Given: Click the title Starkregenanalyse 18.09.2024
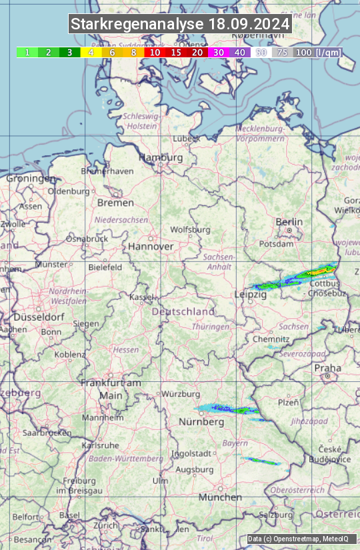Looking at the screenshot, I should tap(180, 25).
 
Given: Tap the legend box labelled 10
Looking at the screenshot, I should tap(155, 52).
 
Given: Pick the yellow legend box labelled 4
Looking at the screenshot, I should tap(91, 52).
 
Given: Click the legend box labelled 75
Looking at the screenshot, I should tap(283, 52).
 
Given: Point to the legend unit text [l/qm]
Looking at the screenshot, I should tap(327, 52).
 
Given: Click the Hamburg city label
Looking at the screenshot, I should tap(161, 158).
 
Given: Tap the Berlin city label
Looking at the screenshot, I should tap(289, 222).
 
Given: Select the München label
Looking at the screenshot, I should tap(220, 497).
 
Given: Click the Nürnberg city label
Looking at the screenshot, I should tap(201, 423).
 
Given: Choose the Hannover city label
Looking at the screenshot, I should tap(151, 247).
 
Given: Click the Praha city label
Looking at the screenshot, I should tap(327, 368).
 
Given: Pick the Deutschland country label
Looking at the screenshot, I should tap(183, 312).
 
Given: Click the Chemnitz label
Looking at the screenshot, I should tap(271, 339).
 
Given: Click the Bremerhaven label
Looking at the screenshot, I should tap(107, 171).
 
